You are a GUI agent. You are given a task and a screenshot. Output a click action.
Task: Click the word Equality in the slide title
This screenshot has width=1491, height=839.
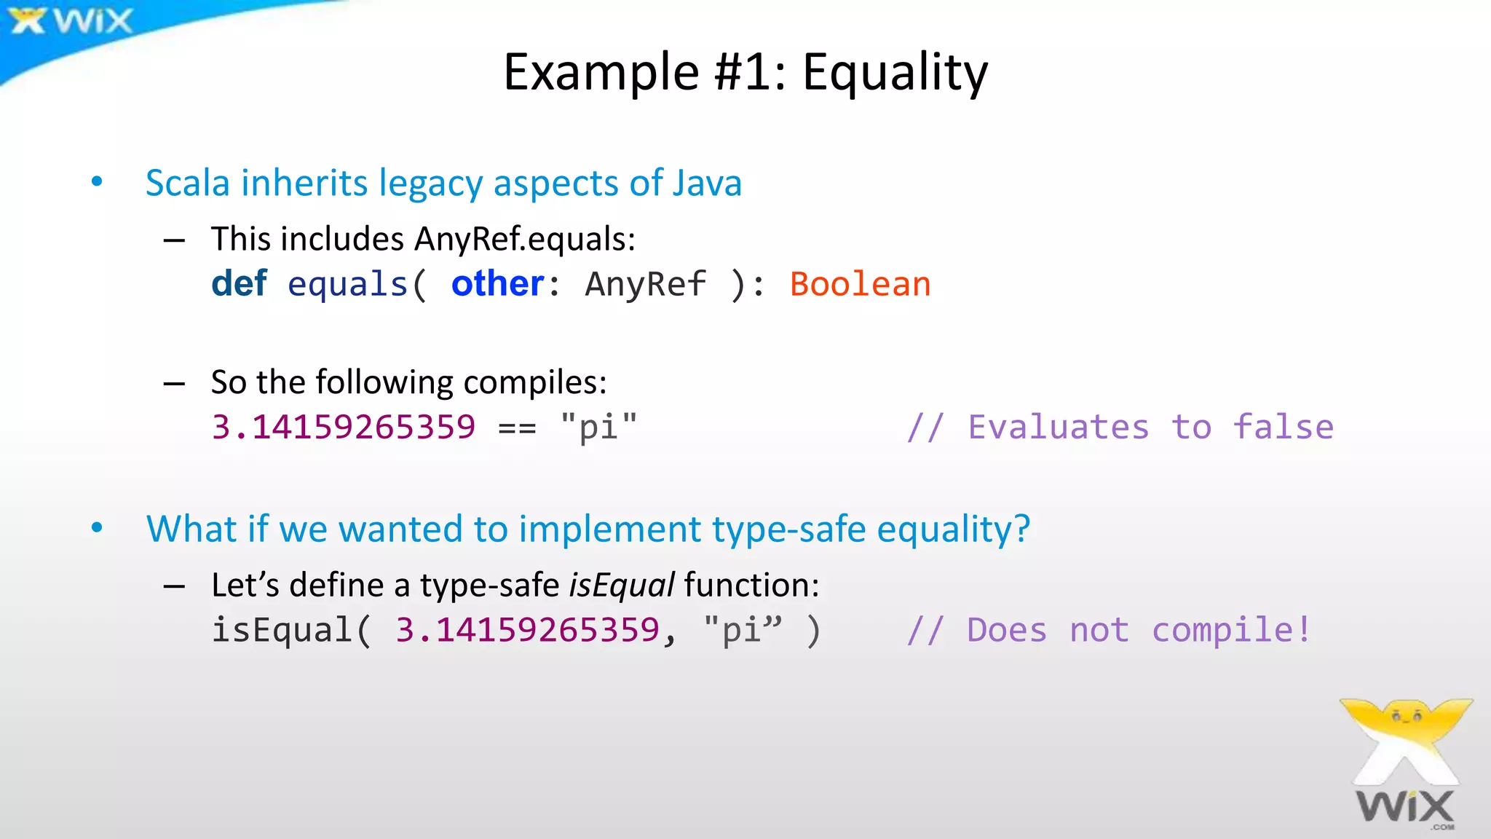pyautogui.click(x=895, y=73)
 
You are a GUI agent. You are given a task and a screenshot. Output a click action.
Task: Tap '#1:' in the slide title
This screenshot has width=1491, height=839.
pyautogui.click(x=750, y=73)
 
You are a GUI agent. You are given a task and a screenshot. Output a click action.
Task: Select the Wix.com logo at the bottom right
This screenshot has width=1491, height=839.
pyautogui.click(x=1405, y=765)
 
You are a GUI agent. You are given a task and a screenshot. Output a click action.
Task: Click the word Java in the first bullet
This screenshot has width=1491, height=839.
pyautogui.click(x=707, y=183)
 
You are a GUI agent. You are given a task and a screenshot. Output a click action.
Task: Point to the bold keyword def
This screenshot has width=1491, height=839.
pyautogui.click(x=239, y=283)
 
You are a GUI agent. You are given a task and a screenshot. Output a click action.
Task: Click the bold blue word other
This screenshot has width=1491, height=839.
pyautogui.click(x=497, y=283)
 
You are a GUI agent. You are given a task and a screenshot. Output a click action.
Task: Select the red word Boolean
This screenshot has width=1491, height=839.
pyautogui.click(x=860, y=284)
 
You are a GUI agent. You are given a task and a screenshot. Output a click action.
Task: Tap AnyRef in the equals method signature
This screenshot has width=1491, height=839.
pyautogui.click(x=645, y=284)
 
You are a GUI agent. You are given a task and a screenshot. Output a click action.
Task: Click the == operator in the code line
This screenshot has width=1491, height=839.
pyautogui.click(x=517, y=428)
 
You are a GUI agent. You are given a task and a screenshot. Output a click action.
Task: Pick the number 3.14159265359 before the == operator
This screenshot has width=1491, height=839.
pyautogui.click(x=343, y=427)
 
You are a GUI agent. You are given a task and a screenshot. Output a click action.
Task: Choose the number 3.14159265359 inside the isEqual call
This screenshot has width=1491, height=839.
pyautogui.click(x=527, y=630)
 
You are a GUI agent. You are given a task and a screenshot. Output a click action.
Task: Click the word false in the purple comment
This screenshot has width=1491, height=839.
pyautogui.click(x=1283, y=427)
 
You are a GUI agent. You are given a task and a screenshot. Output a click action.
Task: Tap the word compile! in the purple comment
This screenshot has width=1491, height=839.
pyautogui.click(x=1231, y=630)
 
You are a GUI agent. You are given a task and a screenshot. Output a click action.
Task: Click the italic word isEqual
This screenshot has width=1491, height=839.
pyautogui.click(x=622, y=586)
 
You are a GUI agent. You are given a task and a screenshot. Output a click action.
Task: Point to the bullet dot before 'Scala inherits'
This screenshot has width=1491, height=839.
pyautogui.click(x=97, y=182)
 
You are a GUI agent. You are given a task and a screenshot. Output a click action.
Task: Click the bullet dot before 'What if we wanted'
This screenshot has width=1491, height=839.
pyautogui.click(x=97, y=528)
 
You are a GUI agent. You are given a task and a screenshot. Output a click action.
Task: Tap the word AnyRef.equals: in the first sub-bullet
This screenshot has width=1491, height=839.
pyautogui.click(x=525, y=239)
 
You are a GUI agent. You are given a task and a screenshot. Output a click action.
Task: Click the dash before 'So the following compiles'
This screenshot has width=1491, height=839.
pyautogui.click(x=174, y=383)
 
